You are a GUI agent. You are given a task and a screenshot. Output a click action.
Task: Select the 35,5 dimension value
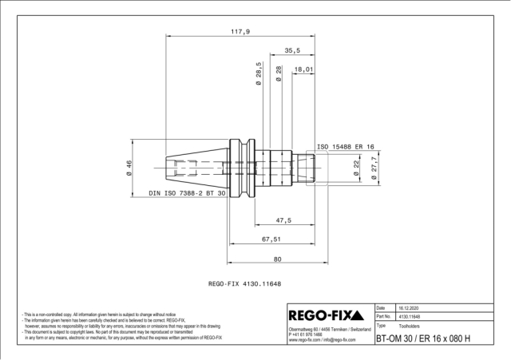pyautogui.click(x=292, y=50)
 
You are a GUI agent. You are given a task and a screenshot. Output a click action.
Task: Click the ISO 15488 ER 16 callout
pyautogui.click(x=347, y=147)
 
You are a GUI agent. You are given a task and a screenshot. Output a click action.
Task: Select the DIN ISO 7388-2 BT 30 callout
pyautogui.click(x=188, y=194)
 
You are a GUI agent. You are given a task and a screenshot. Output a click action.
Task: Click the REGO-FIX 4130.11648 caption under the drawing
pyautogui.click(x=247, y=283)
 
